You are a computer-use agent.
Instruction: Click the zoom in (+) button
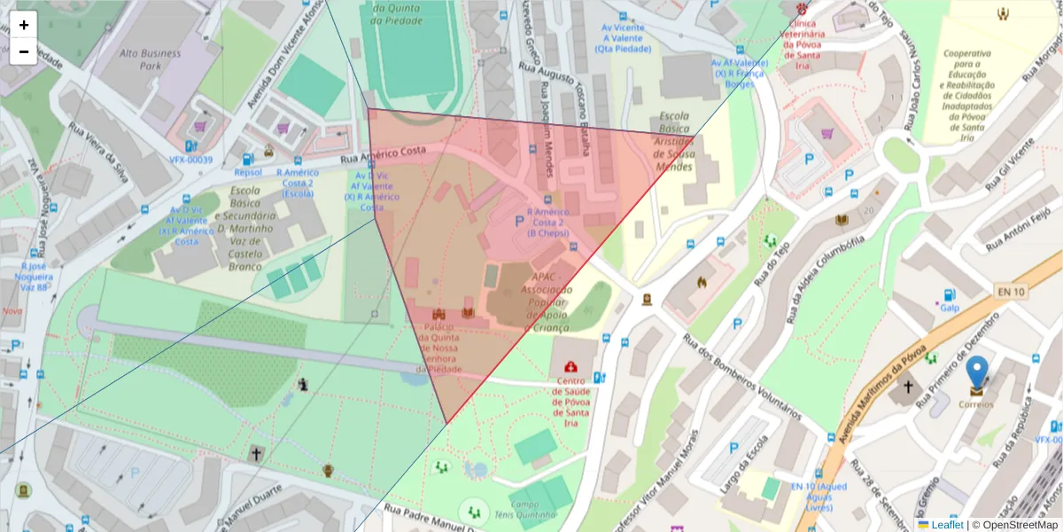[24, 25]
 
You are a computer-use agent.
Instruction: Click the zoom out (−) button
[24, 51]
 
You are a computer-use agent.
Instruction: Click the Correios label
[976, 404]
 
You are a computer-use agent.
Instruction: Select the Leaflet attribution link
[947, 525]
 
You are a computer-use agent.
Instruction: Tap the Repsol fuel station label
[248, 172]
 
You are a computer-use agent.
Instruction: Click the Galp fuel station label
[950, 308]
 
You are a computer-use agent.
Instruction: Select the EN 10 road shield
[1011, 291]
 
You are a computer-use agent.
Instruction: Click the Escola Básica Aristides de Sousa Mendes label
[673, 142]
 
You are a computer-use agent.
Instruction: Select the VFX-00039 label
[191, 160]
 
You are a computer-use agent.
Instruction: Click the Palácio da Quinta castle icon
[438, 314]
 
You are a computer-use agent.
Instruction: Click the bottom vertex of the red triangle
[447, 424]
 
